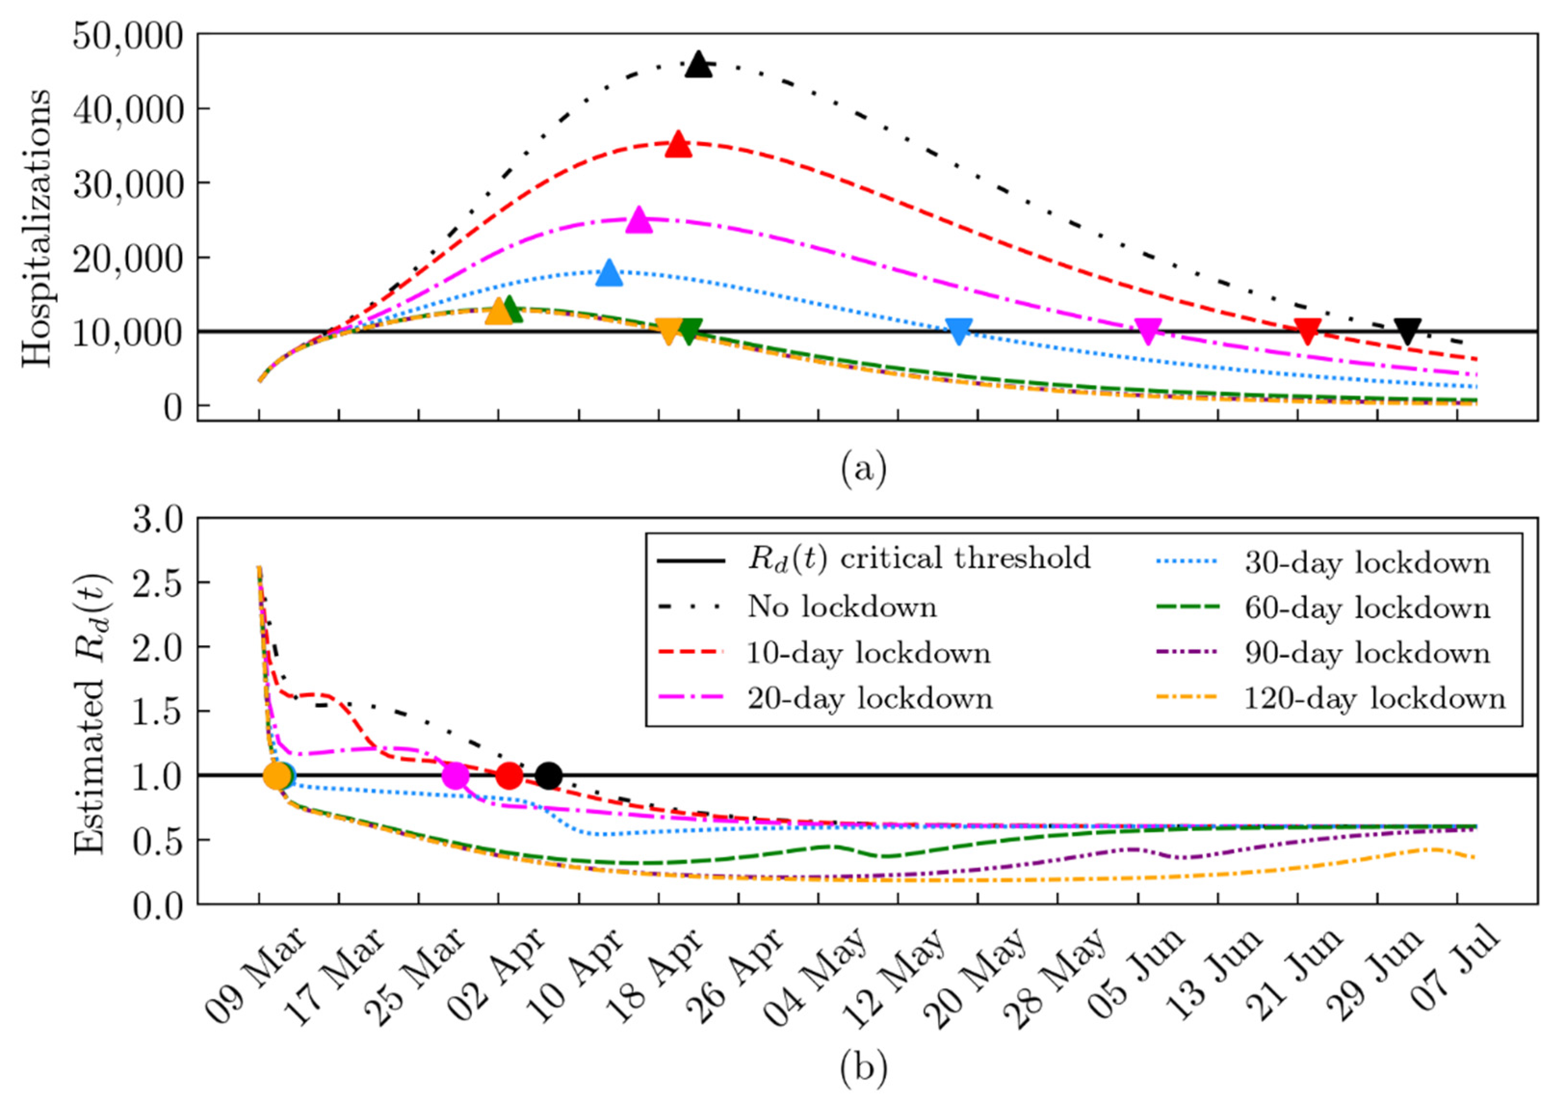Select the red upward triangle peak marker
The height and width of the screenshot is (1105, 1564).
coord(678,145)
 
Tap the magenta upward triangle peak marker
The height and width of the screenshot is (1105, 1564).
coord(639,221)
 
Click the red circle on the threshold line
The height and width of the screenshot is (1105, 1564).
coord(509,775)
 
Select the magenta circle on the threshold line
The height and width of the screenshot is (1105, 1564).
coord(456,775)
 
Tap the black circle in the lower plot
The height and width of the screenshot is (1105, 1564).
coord(548,775)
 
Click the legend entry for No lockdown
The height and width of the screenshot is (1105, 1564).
coord(842,607)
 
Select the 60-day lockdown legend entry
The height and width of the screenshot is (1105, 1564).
coord(1367,607)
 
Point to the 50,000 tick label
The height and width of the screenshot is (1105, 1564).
coord(128,36)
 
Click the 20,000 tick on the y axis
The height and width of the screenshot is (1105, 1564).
coord(128,258)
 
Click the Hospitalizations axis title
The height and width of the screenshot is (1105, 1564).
coord(36,228)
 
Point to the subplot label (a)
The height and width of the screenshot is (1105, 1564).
coord(863,469)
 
